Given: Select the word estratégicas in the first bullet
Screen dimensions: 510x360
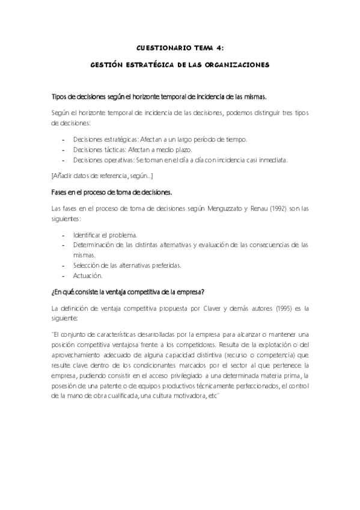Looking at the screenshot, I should tap(115, 139).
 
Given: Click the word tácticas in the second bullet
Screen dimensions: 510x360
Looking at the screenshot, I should tap(109, 149).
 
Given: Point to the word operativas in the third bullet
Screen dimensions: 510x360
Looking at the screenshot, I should tap(113, 159).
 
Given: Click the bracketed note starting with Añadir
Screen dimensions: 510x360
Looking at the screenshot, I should tap(102, 176).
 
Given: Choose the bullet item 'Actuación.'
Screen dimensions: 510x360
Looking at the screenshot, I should tap(88, 275).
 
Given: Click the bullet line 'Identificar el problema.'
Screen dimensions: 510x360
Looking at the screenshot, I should tap(105, 235).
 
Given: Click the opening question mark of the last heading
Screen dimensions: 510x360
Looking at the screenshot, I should tap(53, 292).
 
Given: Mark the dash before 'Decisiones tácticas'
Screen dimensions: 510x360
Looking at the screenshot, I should tap(64, 149).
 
